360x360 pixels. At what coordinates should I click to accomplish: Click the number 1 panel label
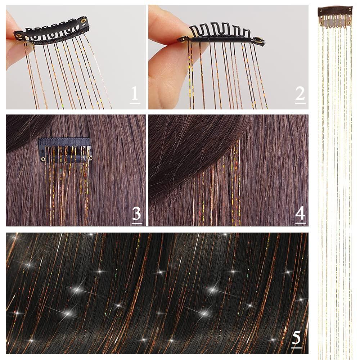[135, 94]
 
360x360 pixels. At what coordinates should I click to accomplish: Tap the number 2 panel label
[300, 94]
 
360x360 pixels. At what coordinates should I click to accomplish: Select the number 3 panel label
[136, 215]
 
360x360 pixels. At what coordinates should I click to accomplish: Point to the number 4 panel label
[300, 215]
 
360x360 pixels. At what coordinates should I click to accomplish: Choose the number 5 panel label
[296, 339]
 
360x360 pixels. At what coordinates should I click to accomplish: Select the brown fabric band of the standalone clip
[335, 11]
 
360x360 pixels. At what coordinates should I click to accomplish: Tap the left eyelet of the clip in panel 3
[43, 159]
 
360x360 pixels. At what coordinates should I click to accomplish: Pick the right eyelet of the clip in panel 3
[90, 158]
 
